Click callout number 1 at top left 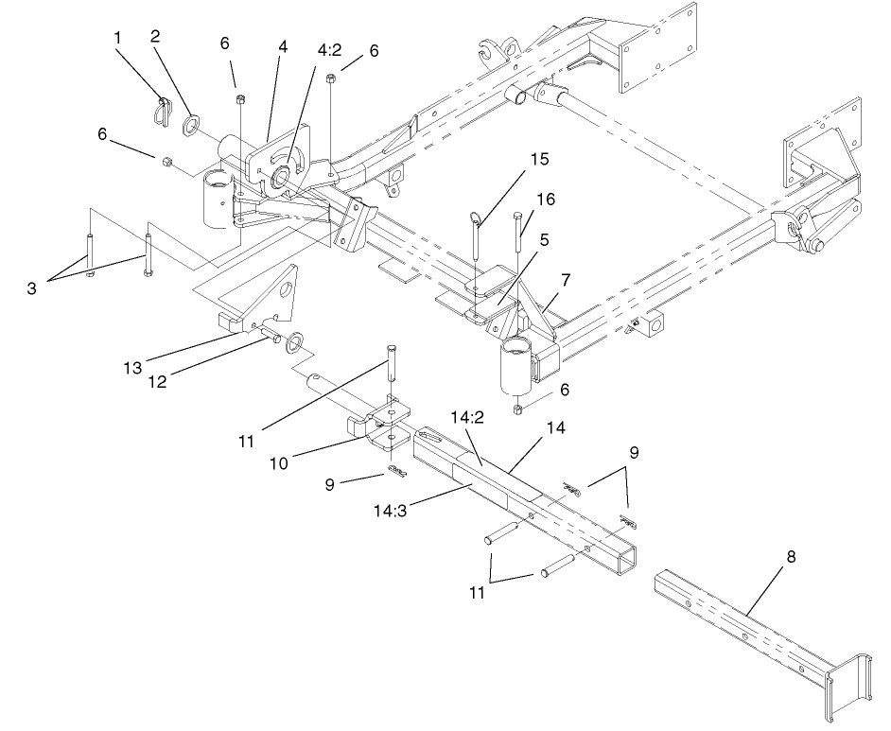point(118,37)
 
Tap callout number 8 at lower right point(791,557)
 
